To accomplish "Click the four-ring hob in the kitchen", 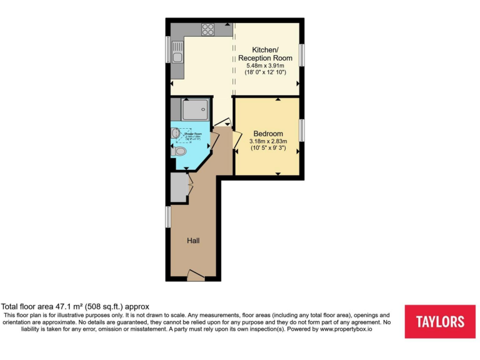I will [x=207, y=29].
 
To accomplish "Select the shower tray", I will [x=194, y=110].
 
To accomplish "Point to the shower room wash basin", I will [x=176, y=132].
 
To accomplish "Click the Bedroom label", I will [x=268, y=134].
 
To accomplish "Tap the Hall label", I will [x=193, y=240].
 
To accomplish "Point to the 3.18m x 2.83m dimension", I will [x=269, y=142].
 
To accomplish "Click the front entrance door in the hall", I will [x=195, y=274].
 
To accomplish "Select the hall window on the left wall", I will [x=168, y=216].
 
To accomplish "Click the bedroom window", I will [x=301, y=130].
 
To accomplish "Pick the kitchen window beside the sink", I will [x=168, y=49].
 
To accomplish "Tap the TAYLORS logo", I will [x=440, y=322].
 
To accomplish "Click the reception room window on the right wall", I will [x=301, y=54].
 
